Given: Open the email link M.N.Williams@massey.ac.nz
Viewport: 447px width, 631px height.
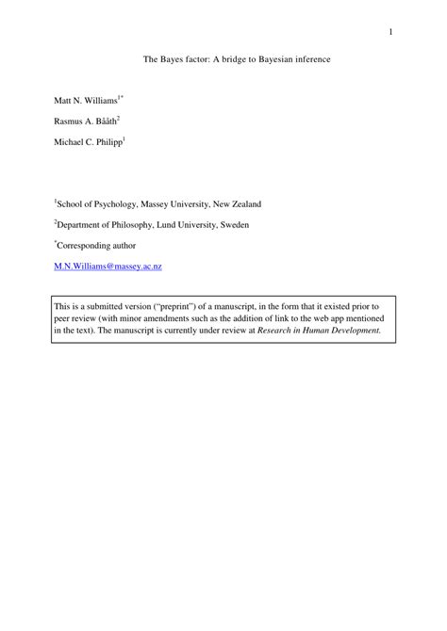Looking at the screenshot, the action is [108, 267].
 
